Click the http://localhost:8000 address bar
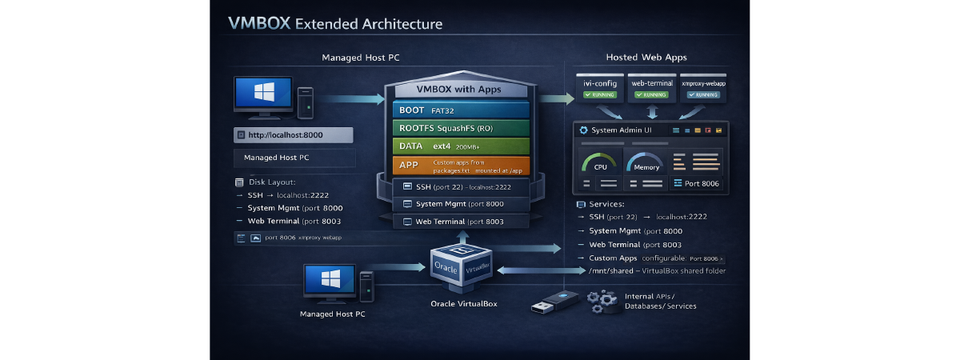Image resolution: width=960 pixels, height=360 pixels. tap(293, 135)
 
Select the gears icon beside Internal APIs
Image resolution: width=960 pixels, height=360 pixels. tap(600, 302)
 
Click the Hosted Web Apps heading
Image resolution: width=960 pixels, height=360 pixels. tap(646, 58)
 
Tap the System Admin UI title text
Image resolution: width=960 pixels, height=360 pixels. tap(624, 130)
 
